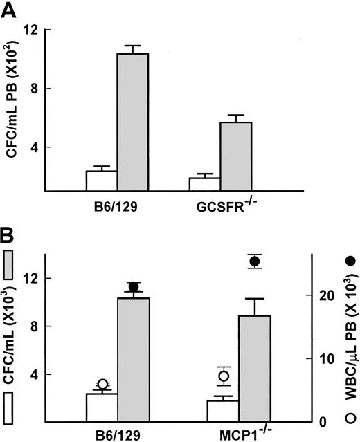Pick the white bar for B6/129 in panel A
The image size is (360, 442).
click(x=101, y=181)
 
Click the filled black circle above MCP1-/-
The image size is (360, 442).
click(x=255, y=261)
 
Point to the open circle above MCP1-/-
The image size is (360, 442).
click(x=224, y=377)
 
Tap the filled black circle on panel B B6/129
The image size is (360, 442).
click(x=134, y=287)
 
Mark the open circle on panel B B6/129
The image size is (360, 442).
click(x=102, y=385)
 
